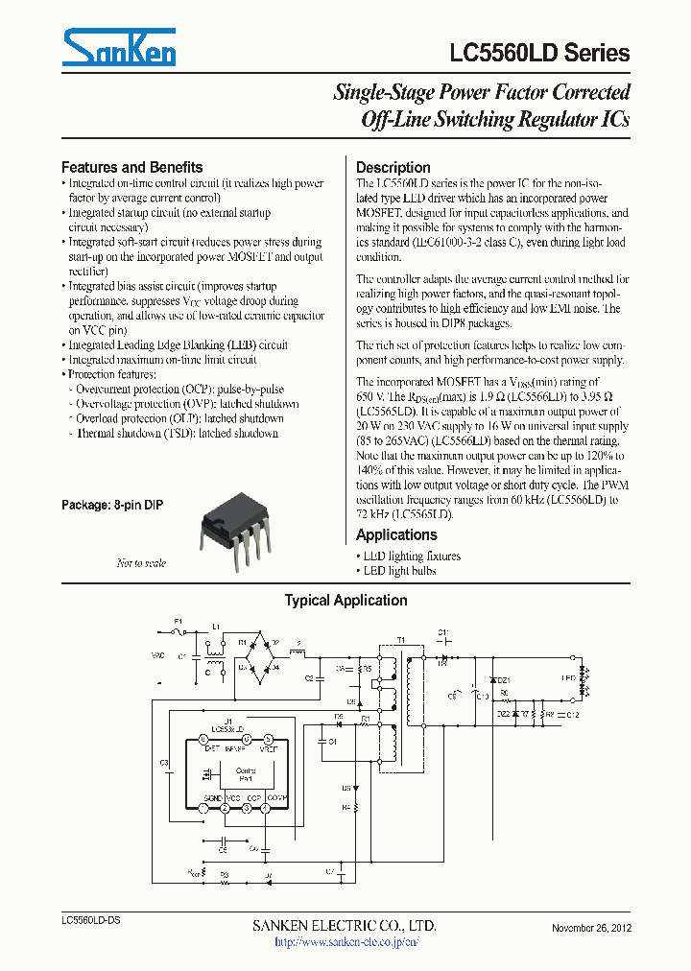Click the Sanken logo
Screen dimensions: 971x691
(x=119, y=47)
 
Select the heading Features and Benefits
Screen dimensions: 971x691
(x=131, y=167)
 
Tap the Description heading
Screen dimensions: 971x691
(x=393, y=167)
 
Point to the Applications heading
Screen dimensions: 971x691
(x=395, y=535)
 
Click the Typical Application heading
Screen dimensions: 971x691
(x=345, y=601)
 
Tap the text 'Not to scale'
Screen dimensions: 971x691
(x=142, y=563)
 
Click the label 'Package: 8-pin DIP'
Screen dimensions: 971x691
(x=112, y=505)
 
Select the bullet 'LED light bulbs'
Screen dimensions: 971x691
(x=399, y=571)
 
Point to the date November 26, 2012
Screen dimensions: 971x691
(x=591, y=928)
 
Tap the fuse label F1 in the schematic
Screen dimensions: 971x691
(x=177, y=622)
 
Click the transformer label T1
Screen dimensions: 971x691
(x=400, y=639)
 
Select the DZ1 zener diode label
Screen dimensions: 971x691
(x=504, y=680)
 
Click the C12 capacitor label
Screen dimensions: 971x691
(x=573, y=715)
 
